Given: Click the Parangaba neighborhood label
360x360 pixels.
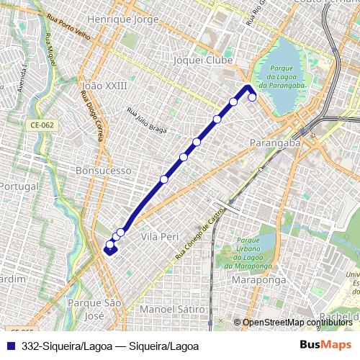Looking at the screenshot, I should click(x=274, y=143).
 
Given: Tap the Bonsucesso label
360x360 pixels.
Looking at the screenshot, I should click(x=104, y=171).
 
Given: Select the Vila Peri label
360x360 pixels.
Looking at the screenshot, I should click(x=160, y=236).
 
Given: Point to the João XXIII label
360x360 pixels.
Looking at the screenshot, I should click(x=105, y=85).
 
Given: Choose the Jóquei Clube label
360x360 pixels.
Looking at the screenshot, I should click(x=203, y=61).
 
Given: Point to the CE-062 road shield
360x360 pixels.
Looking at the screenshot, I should click(x=43, y=125).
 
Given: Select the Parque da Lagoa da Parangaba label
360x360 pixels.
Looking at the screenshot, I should click(x=279, y=76).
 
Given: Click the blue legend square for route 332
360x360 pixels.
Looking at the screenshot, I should click(x=8, y=346).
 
